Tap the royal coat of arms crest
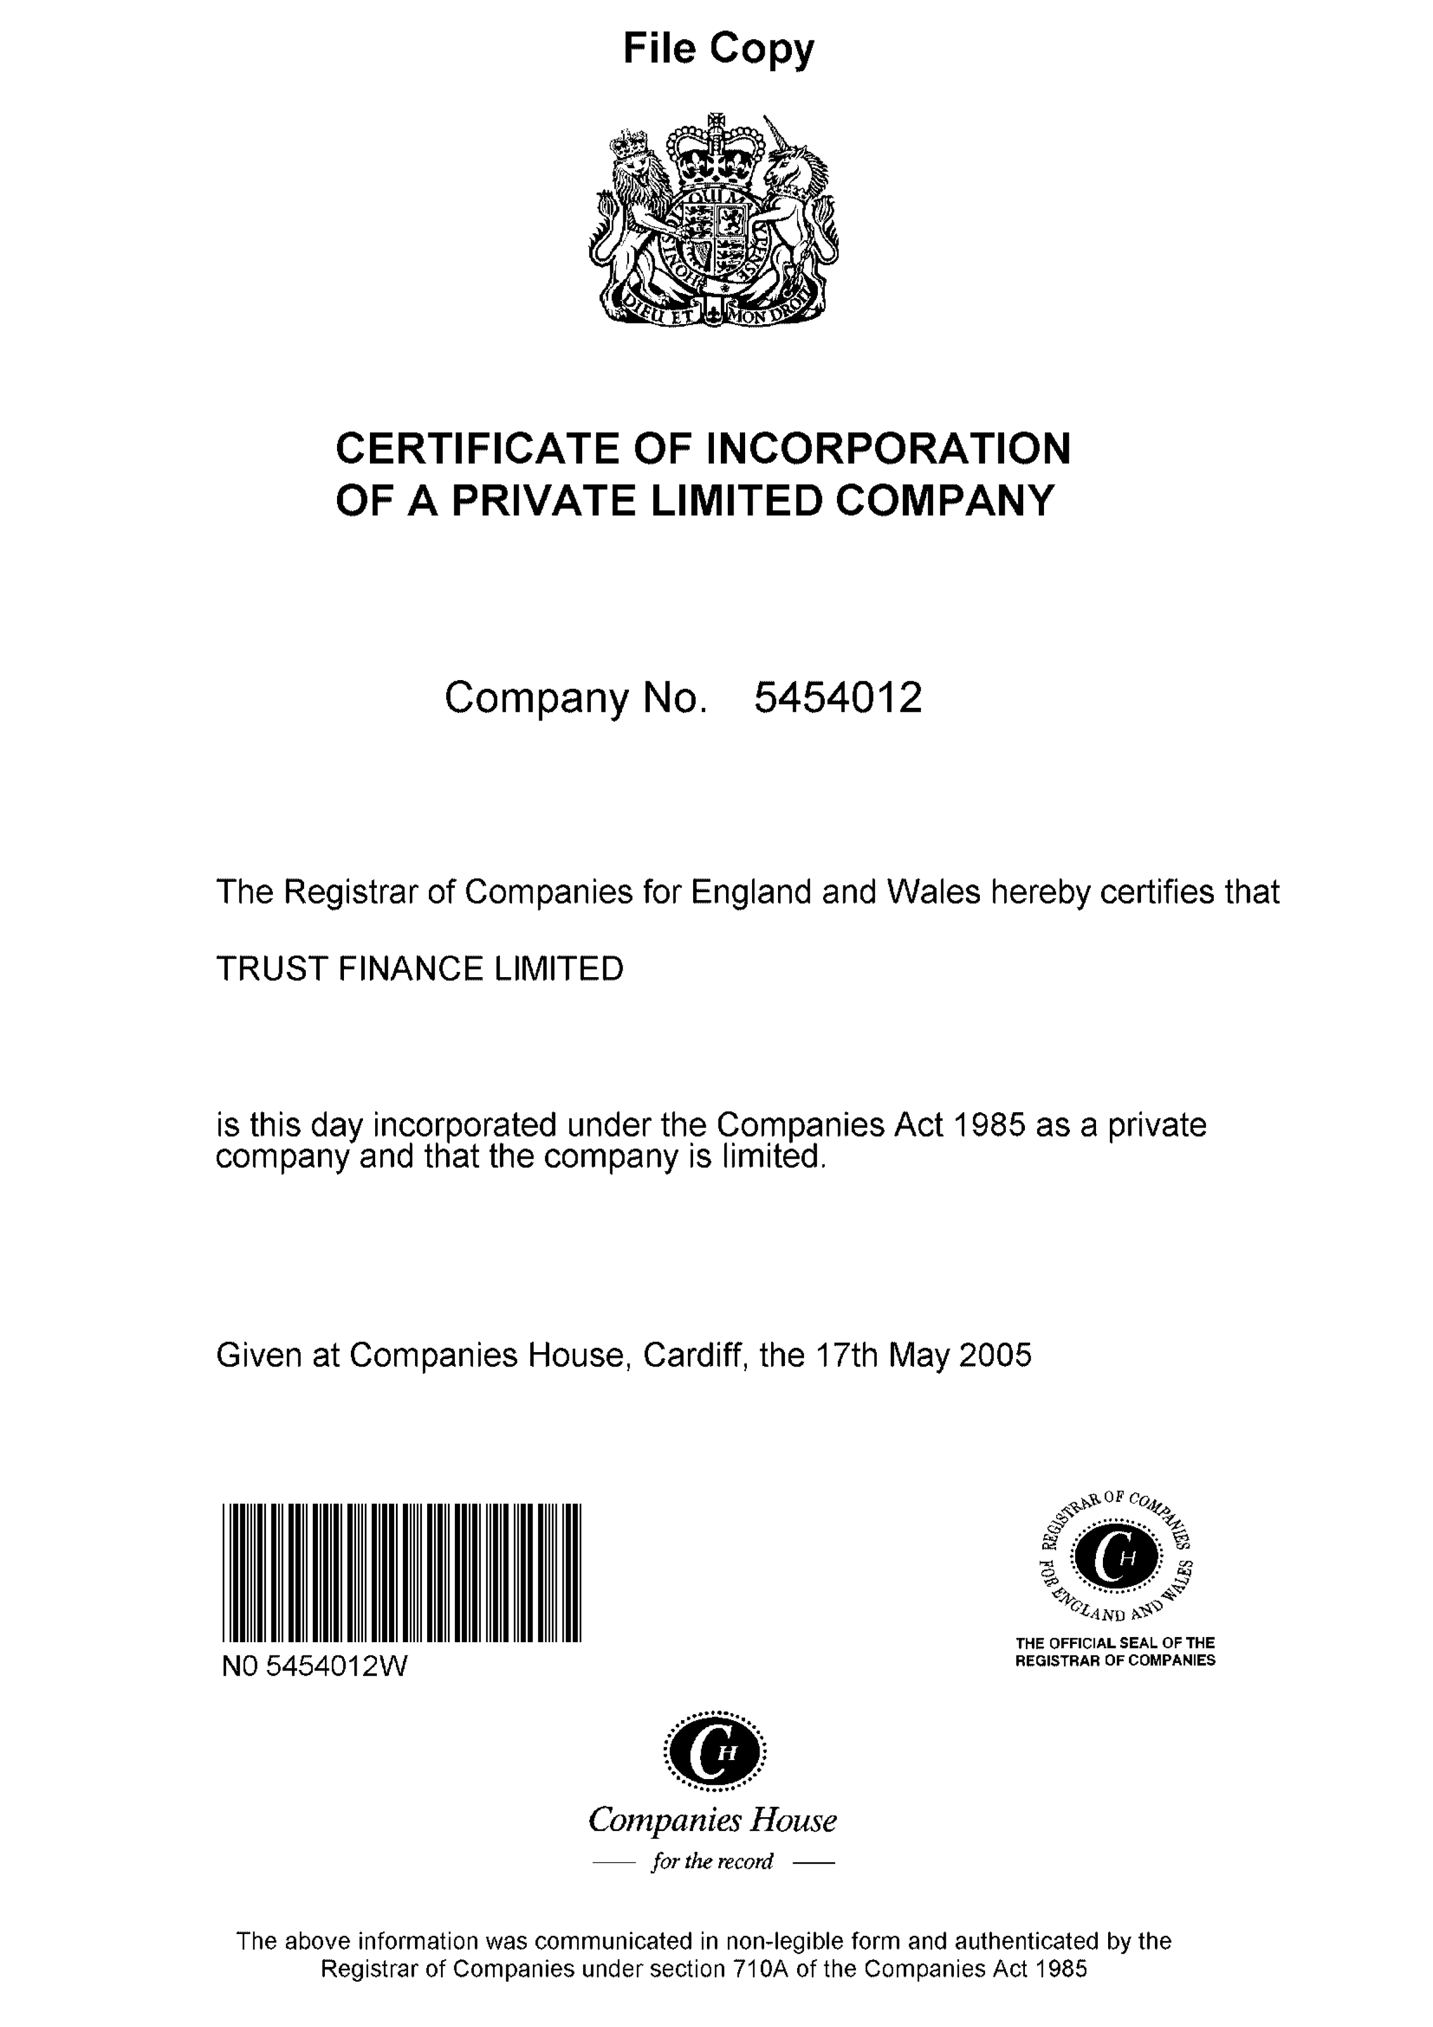point(713,221)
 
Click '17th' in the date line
point(846,1355)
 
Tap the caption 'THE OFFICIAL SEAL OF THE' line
point(1115,1643)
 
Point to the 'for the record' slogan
point(712,1861)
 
